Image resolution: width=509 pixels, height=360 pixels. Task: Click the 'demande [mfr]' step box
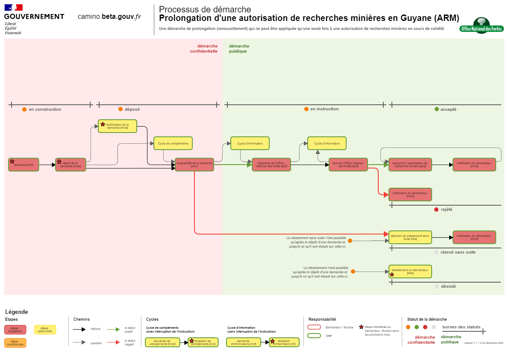24,165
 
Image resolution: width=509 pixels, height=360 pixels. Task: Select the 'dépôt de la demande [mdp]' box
71,165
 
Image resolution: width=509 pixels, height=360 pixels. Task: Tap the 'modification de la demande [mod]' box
118,126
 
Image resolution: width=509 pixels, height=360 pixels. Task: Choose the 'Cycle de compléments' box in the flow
173,143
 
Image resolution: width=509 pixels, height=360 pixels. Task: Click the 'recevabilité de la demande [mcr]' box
194,165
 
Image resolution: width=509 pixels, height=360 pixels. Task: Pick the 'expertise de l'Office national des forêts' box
271,165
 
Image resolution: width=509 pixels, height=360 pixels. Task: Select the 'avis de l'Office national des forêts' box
348,165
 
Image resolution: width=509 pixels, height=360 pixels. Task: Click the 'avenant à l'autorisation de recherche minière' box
410,165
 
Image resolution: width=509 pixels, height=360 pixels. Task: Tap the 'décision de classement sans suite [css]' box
410,237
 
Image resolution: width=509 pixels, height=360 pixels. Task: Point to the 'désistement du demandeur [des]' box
410,271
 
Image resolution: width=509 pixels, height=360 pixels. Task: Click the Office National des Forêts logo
481,25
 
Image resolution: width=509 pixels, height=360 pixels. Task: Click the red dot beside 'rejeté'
436,210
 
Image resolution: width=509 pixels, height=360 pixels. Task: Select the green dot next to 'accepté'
436,109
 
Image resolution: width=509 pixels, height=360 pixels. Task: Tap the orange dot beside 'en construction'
24,109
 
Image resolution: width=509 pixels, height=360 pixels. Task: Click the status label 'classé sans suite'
458,252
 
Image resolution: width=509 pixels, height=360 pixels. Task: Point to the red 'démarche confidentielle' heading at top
204,49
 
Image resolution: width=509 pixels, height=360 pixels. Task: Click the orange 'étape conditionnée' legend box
15,343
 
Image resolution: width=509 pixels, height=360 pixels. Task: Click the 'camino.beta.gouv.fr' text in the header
109,17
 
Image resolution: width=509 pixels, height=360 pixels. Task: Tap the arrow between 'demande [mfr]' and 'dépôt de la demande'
47,165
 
